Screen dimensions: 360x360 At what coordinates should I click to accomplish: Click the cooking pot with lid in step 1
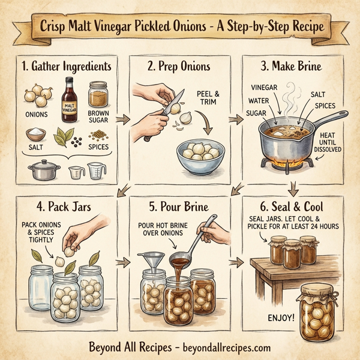click(41, 169)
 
